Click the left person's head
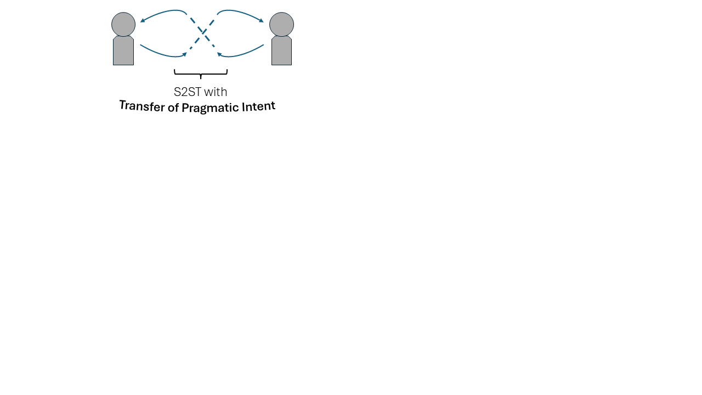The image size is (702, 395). pyautogui.click(x=123, y=25)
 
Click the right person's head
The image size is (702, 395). pyautogui.click(x=281, y=25)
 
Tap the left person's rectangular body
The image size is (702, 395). pyautogui.click(x=123, y=50)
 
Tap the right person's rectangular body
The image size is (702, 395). pyautogui.click(x=281, y=50)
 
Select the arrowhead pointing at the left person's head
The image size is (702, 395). pyautogui.click(x=142, y=21)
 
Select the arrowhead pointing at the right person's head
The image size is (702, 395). pyautogui.click(x=262, y=21)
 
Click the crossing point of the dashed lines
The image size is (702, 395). pyautogui.click(x=203, y=32)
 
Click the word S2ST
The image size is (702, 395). pyautogui.click(x=188, y=92)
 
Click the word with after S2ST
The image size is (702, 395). pyautogui.click(x=216, y=92)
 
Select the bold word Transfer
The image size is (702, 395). pyautogui.click(x=142, y=106)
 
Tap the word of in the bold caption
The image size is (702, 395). pyautogui.click(x=173, y=108)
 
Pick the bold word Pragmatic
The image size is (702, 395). pyautogui.click(x=210, y=108)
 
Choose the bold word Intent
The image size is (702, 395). pyautogui.click(x=258, y=106)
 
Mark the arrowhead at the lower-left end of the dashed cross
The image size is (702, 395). pyautogui.click(x=185, y=54)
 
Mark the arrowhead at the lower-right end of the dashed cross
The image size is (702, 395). pyautogui.click(x=219, y=54)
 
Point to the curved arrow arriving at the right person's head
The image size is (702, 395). pyautogui.click(x=240, y=12)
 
